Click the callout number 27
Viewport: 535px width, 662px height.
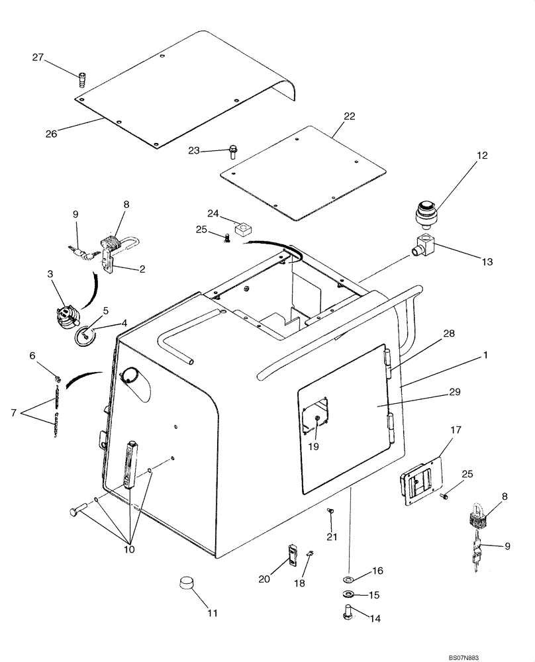click(x=37, y=58)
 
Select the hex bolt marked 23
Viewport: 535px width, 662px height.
click(x=233, y=152)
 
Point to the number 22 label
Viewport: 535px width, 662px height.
click(x=331, y=117)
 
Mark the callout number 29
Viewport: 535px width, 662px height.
click(x=454, y=393)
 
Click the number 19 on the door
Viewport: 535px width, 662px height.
click(x=313, y=447)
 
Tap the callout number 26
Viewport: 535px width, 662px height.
click(x=51, y=133)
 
